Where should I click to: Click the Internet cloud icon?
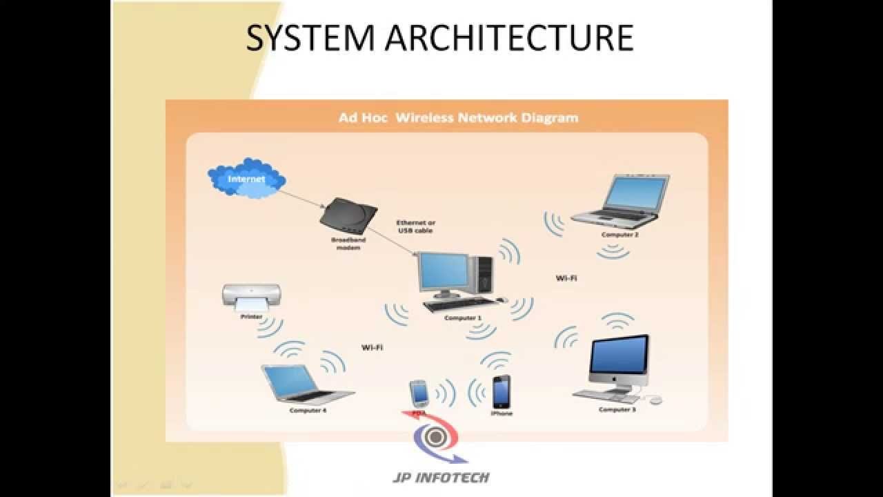point(246,178)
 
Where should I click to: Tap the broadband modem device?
point(349,216)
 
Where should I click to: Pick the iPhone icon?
point(502,392)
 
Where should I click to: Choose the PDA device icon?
point(419,393)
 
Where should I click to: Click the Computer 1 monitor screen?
point(446,271)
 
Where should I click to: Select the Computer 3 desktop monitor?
point(619,358)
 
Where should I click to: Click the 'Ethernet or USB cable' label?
point(415,226)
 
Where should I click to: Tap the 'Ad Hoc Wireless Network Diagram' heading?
point(458,117)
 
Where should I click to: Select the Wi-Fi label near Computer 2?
point(566,277)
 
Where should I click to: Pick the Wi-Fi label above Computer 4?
point(372,347)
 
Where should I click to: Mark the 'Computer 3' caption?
point(617,410)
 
